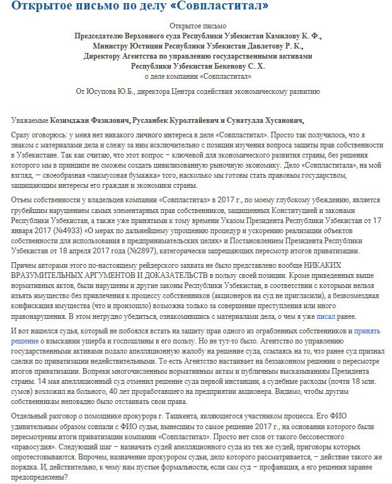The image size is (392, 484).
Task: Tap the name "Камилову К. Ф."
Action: coord(292,37)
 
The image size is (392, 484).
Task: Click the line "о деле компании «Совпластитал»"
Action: coord(197,76)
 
